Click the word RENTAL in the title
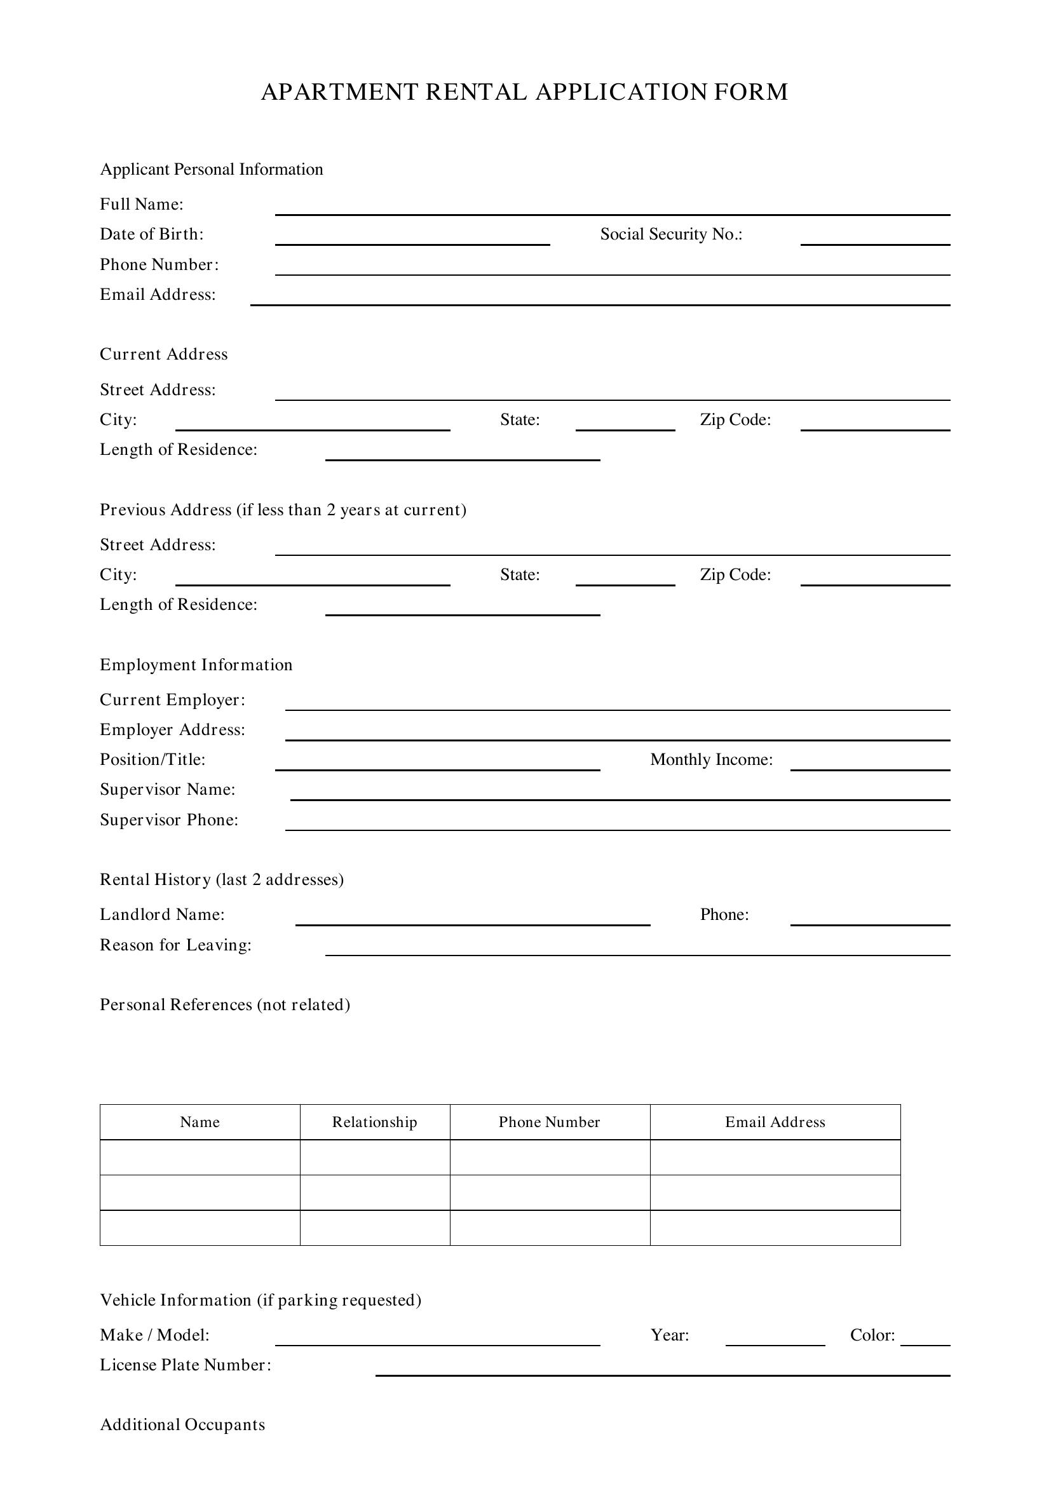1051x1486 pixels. pos(476,92)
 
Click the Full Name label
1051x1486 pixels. pos(141,205)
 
